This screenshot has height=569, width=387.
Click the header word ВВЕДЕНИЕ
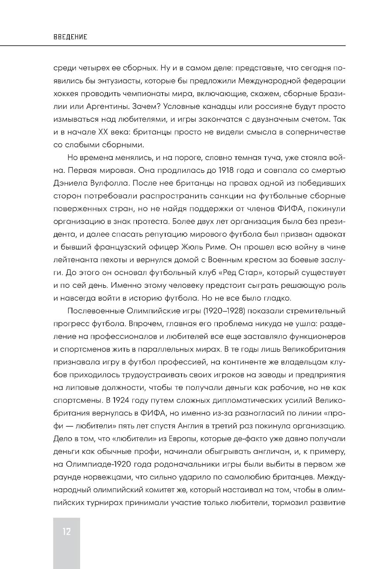coord(70,37)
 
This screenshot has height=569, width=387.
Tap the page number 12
coord(66,531)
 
